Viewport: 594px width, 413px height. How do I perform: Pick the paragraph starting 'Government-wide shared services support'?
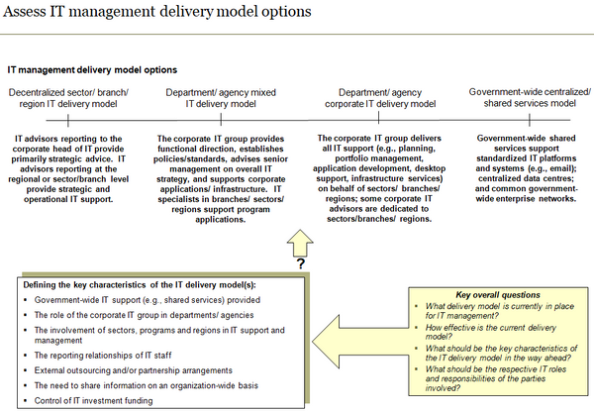click(530, 168)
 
